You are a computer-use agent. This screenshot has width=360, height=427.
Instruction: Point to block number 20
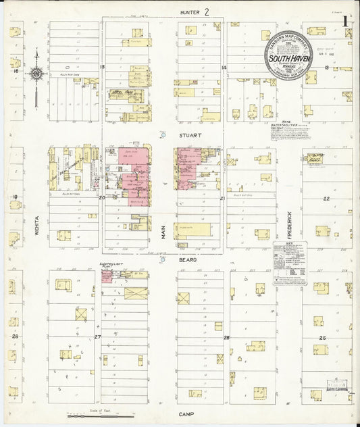pos(102,198)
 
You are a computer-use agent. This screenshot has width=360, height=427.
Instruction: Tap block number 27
pos(97,336)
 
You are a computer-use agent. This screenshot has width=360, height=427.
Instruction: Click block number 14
pos(223,68)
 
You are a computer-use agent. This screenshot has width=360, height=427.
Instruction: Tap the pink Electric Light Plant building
pos(107,277)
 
